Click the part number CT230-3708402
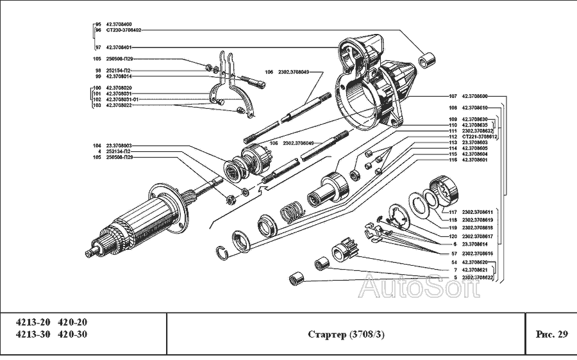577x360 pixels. pos(124,29)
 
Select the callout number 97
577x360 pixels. pos(98,47)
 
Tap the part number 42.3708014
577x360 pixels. pos(119,76)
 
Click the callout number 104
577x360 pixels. pos(97,146)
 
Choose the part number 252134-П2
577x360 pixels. pos(119,152)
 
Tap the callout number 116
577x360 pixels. pos(453,160)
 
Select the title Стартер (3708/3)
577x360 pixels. pos(346,334)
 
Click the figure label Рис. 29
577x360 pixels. pos(551,334)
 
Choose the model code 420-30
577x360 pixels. pos(72,334)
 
